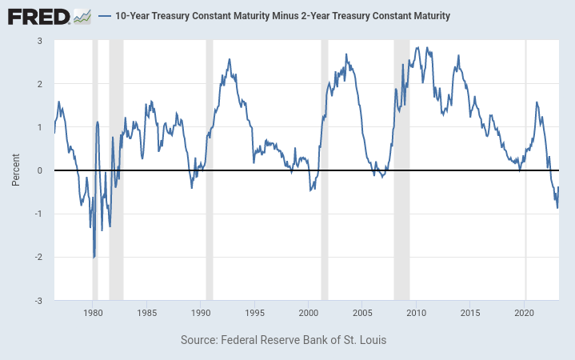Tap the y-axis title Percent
(x=16, y=170)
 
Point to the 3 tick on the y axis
(x=40, y=41)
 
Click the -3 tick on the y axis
(x=38, y=300)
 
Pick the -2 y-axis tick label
(x=38, y=257)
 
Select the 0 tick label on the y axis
(x=40, y=170)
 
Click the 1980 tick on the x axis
(x=93, y=312)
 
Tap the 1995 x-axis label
(x=255, y=312)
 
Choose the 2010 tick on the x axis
(x=416, y=312)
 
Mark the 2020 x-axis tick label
(x=525, y=312)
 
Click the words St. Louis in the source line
(x=363, y=340)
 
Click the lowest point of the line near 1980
(x=94, y=258)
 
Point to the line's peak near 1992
(x=230, y=59)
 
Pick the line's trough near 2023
(x=557, y=208)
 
